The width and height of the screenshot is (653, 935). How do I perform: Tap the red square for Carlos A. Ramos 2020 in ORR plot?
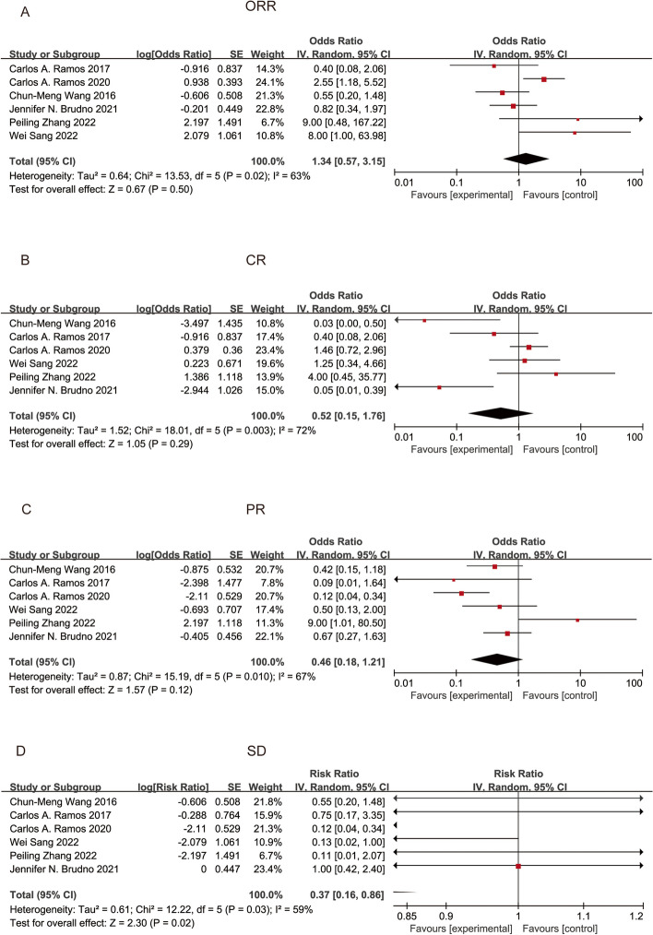(544, 80)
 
